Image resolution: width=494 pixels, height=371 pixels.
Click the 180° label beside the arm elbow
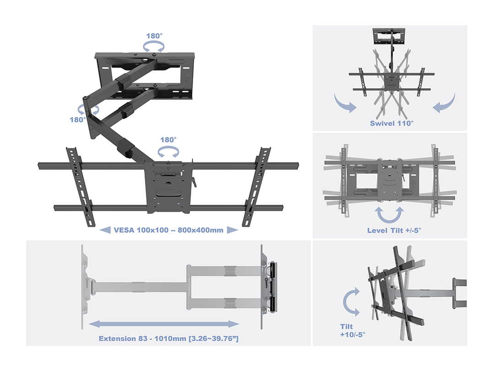click(78, 120)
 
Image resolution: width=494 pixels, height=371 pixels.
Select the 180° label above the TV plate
click(168, 140)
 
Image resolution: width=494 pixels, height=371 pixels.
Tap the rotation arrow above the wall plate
click(154, 46)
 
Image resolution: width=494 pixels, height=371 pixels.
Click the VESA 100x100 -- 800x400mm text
click(169, 230)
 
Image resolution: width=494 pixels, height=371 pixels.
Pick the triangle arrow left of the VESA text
click(105, 230)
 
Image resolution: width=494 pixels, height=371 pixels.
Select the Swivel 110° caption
click(392, 123)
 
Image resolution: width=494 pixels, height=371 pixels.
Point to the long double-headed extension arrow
click(164, 324)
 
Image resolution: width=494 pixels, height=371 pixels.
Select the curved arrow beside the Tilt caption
click(351, 302)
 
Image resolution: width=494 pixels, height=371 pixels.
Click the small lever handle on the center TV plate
click(194, 182)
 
